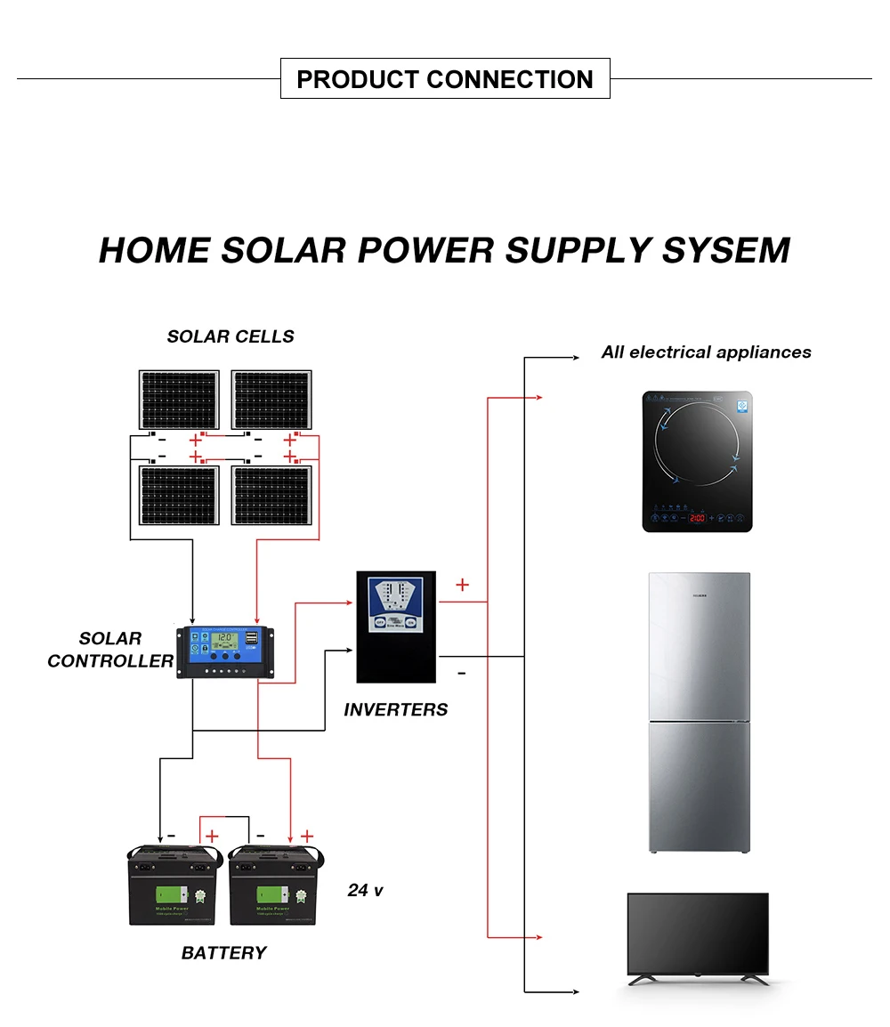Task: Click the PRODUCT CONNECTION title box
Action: pos(445,78)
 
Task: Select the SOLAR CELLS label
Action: pos(231,336)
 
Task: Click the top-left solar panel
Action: pos(179,399)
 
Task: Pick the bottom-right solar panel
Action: pos(271,494)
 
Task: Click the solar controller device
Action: pos(225,651)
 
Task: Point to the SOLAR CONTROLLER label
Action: pos(110,650)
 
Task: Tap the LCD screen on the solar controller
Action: pos(225,638)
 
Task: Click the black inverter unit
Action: pos(396,627)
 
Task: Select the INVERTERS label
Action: pos(396,709)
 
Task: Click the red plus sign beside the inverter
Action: pos(462,585)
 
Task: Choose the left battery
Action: pos(172,885)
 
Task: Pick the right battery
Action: pos(274,885)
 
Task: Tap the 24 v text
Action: pos(365,890)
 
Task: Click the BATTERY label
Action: pos(223,952)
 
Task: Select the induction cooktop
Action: pos(697,462)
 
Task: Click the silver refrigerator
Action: pos(699,713)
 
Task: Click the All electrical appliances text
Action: pos(706,352)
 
